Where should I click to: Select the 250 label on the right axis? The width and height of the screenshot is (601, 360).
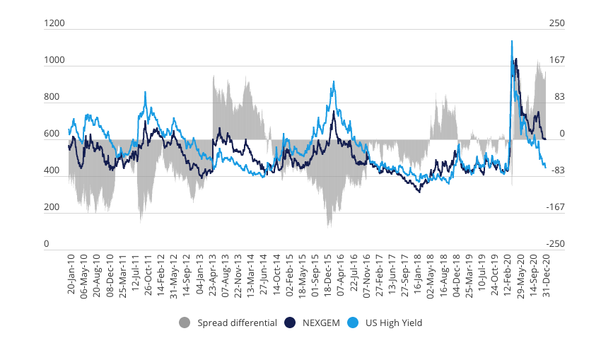557,23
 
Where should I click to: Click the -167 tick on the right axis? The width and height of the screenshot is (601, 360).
557,207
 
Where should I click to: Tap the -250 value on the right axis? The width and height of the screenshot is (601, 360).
557,244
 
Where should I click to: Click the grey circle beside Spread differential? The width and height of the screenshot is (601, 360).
185,323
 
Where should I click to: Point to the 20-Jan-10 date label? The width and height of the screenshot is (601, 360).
71,273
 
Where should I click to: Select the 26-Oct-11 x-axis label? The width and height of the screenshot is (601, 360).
148,273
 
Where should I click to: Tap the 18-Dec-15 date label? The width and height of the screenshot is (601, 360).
329,273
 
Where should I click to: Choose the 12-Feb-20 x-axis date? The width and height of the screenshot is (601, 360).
508,273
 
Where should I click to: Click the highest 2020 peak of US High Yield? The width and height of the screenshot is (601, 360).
512,41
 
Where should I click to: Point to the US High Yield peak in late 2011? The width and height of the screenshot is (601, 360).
145,92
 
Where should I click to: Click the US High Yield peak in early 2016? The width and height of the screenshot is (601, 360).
333,82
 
